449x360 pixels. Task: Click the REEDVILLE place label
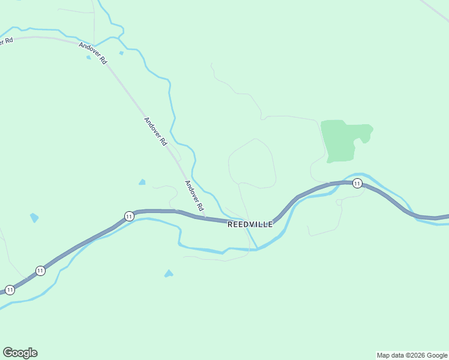click(x=250, y=224)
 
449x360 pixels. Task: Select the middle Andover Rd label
click(x=155, y=131)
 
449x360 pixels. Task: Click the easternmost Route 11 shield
click(x=357, y=183)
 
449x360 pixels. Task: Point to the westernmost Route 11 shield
click(x=10, y=290)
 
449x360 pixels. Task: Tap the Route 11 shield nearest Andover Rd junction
click(x=128, y=216)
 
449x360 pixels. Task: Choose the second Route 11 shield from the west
click(x=40, y=271)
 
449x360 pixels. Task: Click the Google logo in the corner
click(x=20, y=353)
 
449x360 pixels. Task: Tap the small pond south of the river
click(x=169, y=274)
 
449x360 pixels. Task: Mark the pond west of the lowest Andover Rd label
click(x=142, y=182)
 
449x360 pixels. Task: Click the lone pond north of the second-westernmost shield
click(x=34, y=217)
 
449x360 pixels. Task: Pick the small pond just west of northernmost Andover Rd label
click(x=89, y=58)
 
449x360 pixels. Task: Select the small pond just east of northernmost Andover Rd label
click(x=121, y=53)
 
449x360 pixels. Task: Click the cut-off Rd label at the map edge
click(x=6, y=42)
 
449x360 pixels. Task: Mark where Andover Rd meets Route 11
click(x=205, y=218)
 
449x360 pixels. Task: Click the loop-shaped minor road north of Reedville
click(x=252, y=163)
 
